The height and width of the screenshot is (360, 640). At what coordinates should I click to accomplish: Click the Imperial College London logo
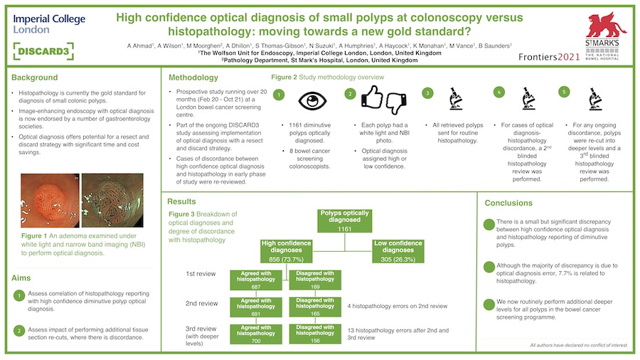coord(49,24)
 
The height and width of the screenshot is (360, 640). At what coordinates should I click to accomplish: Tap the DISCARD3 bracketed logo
coord(43,51)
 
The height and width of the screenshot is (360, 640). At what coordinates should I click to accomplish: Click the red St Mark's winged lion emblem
coord(605,26)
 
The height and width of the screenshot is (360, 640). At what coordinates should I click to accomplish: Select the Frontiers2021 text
coord(549,57)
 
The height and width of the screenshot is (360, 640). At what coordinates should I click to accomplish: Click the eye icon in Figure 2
coord(312,100)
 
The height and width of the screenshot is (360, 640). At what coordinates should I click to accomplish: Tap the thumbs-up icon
coord(372,97)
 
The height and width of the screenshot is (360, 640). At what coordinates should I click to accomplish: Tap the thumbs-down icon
coord(396,104)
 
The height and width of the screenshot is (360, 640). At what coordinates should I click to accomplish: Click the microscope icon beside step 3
coord(456,99)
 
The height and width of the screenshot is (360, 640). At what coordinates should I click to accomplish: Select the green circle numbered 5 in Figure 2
coord(564,92)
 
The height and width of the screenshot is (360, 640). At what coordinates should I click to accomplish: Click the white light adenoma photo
coord(50,201)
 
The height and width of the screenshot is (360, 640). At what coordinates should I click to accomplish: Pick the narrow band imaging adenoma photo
coord(112,201)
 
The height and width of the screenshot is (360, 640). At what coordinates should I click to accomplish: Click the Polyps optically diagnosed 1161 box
coord(344,221)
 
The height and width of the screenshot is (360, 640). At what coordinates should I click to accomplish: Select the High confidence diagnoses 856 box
coord(286,251)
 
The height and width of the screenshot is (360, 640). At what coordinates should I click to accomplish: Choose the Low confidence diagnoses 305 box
coord(398,251)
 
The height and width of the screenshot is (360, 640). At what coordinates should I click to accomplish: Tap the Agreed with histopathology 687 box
coord(256,280)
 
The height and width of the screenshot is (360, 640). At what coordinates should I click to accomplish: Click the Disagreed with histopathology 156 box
coord(315,334)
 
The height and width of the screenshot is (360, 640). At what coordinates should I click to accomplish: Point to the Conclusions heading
coord(508,203)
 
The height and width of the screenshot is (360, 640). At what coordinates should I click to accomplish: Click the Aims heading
coord(21,278)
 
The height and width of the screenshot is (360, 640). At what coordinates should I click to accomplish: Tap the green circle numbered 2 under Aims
coord(19,331)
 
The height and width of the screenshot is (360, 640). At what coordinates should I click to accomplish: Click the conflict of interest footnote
coord(579,345)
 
